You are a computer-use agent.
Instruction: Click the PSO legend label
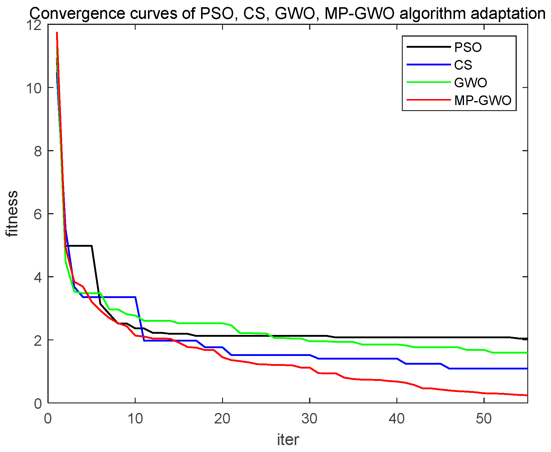[x=468, y=47]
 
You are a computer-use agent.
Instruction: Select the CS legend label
[x=463, y=65]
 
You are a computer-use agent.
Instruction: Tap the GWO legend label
[x=470, y=83]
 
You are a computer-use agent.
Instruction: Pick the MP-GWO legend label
[x=483, y=101]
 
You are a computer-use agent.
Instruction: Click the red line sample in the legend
[x=429, y=100]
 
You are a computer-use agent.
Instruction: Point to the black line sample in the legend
[x=429, y=47]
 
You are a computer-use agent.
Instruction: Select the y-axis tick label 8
[x=38, y=151]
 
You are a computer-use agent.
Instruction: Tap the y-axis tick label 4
[x=38, y=277]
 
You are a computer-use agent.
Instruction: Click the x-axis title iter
[x=288, y=440]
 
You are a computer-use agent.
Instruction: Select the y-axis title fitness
[x=13, y=214]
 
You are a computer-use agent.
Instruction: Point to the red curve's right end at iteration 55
[x=526, y=395]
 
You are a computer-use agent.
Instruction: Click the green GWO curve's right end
[x=526, y=353]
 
